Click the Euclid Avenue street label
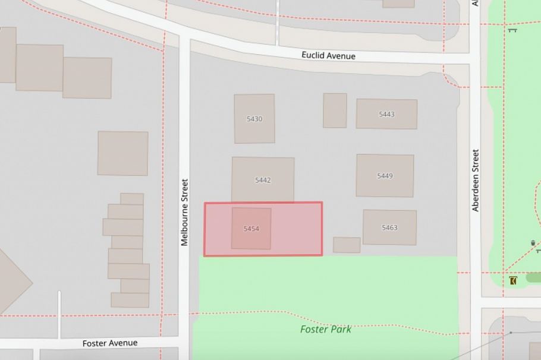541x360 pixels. [x=328, y=56]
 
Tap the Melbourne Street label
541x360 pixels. [x=184, y=212]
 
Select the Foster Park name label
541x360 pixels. [x=325, y=329]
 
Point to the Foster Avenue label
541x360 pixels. [x=110, y=343]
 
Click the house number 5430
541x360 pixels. [x=254, y=119]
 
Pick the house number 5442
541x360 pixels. [x=263, y=180]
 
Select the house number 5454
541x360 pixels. [x=251, y=229]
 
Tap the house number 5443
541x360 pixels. [x=386, y=114]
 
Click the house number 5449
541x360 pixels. [x=385, y=176]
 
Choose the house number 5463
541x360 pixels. [x=389, y=228]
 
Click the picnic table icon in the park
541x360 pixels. [x=512, y=30]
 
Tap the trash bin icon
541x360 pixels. [x=533, y=243]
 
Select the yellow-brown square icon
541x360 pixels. [x=513, y=280]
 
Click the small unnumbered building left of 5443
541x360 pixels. [x=335, y=110]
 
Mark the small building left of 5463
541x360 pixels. [x=347, y=245]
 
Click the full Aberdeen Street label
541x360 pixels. [x=476, y=180]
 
